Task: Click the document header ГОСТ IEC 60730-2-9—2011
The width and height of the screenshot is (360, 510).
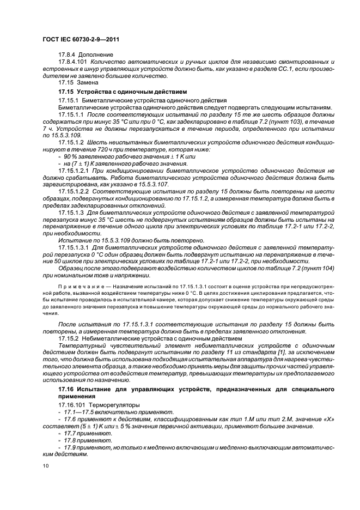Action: pos(80,40)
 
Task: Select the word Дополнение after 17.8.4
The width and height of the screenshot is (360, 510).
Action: pos(96,55)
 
